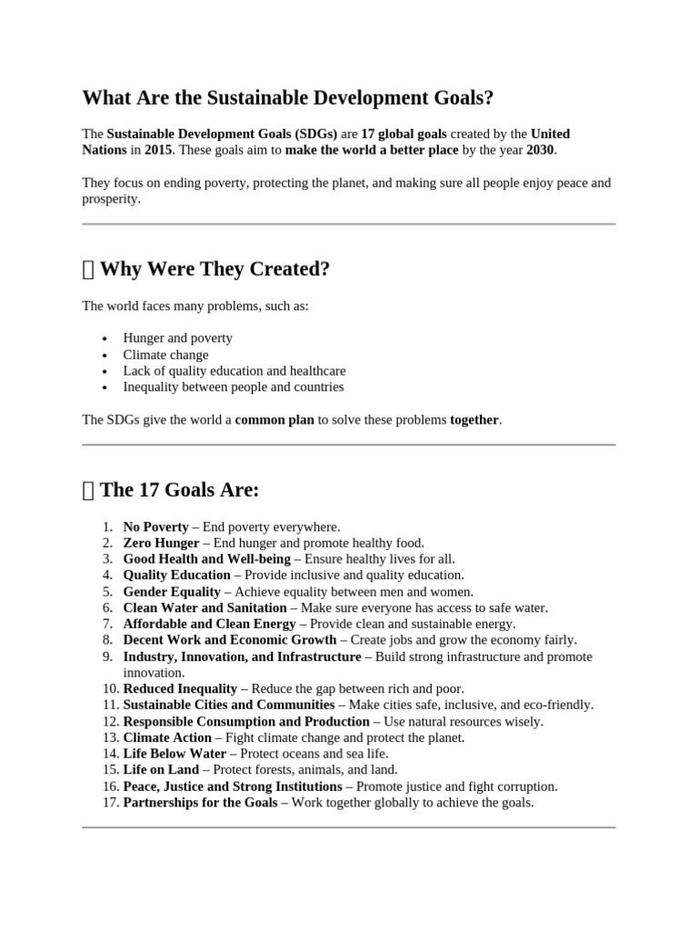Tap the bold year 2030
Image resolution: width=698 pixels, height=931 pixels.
pos(540,150)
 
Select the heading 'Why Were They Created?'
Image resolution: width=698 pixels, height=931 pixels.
pos(214,269)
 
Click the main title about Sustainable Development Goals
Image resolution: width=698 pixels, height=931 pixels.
pos(289,98)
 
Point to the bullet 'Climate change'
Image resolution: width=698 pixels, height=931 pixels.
pos(165,355)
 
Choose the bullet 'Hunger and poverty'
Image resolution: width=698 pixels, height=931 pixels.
pos(177,338)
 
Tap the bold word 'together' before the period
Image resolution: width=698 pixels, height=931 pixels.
pos(474,420)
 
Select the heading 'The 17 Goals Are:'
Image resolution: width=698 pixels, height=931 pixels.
pos(179,490)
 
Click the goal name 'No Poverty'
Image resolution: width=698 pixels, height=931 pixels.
pos(155,526)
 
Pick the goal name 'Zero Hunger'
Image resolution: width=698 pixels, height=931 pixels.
pos(161,543)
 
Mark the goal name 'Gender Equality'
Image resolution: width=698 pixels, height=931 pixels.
pos(172,591)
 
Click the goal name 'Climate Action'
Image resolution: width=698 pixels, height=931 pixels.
pos(167,737)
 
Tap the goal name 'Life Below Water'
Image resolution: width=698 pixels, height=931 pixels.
pos(174,754)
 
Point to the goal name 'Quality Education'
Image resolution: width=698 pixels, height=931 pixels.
pos(176,576)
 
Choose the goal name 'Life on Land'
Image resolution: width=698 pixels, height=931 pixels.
pos(160,770)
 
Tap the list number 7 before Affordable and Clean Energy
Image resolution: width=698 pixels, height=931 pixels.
pos(107,624)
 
